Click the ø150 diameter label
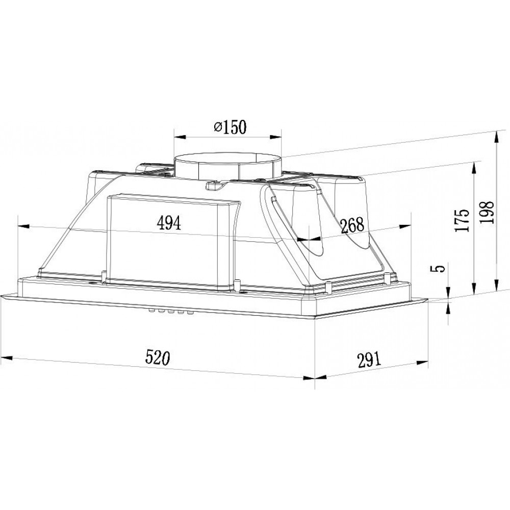(230, 127)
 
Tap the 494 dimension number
(168, 223)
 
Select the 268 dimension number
(352, 225)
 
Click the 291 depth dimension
(369, 360)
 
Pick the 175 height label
(463, 220)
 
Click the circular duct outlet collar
(227, 167)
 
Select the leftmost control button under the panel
(151, 311)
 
